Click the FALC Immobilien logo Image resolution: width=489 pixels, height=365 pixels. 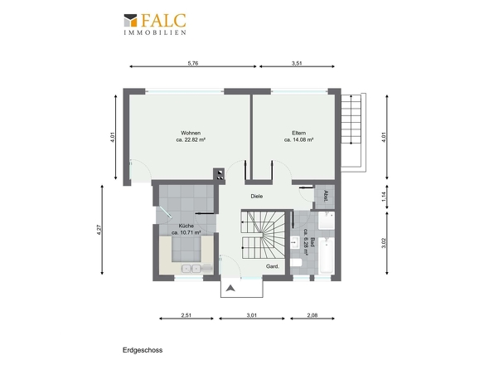[x=155, y=24]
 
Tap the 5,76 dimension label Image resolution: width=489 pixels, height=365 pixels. [x=193, y=63]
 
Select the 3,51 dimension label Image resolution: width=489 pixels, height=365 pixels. [x=297, y=63]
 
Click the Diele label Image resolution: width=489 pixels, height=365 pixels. [x=257, y=196]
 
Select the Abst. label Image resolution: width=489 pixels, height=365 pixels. [x=326, y=196]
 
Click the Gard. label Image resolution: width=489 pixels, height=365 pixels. [x=272, y=266]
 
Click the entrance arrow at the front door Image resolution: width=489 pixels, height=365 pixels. [x=230, y=288]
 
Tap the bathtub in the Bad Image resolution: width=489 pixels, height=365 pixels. [x=327, y=255]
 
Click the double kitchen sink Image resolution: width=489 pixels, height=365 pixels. [x=191, y=268]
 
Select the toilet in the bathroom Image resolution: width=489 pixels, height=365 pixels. [x=295, y=263]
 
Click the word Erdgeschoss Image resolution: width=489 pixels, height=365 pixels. [x=143, y=350]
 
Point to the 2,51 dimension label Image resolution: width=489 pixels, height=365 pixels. [x=186, y=315]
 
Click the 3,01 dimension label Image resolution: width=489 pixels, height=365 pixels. [x=252, y=315]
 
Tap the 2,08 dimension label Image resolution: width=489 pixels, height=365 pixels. [x=312, y=315]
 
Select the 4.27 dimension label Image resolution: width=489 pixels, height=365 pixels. [x=99, y=230]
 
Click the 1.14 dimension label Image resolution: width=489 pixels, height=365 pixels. [x=384, y=197]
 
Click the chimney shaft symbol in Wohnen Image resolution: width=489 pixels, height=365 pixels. [x=220, y=174]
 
